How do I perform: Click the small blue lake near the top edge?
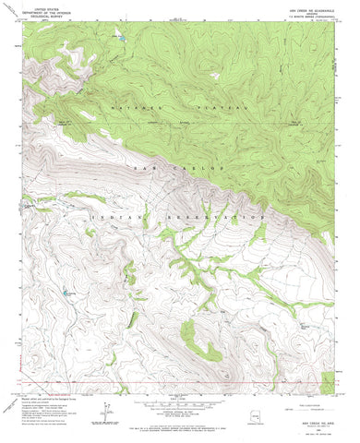[117, 37]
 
